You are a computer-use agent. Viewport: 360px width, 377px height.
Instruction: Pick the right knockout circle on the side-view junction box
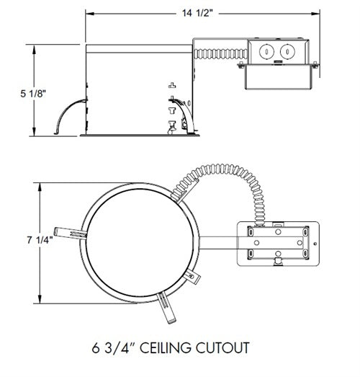[287, 53]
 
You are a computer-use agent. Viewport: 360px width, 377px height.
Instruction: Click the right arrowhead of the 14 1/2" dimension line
[317, 12]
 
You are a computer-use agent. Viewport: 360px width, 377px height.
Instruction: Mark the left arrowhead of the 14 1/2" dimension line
[89, 12]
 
